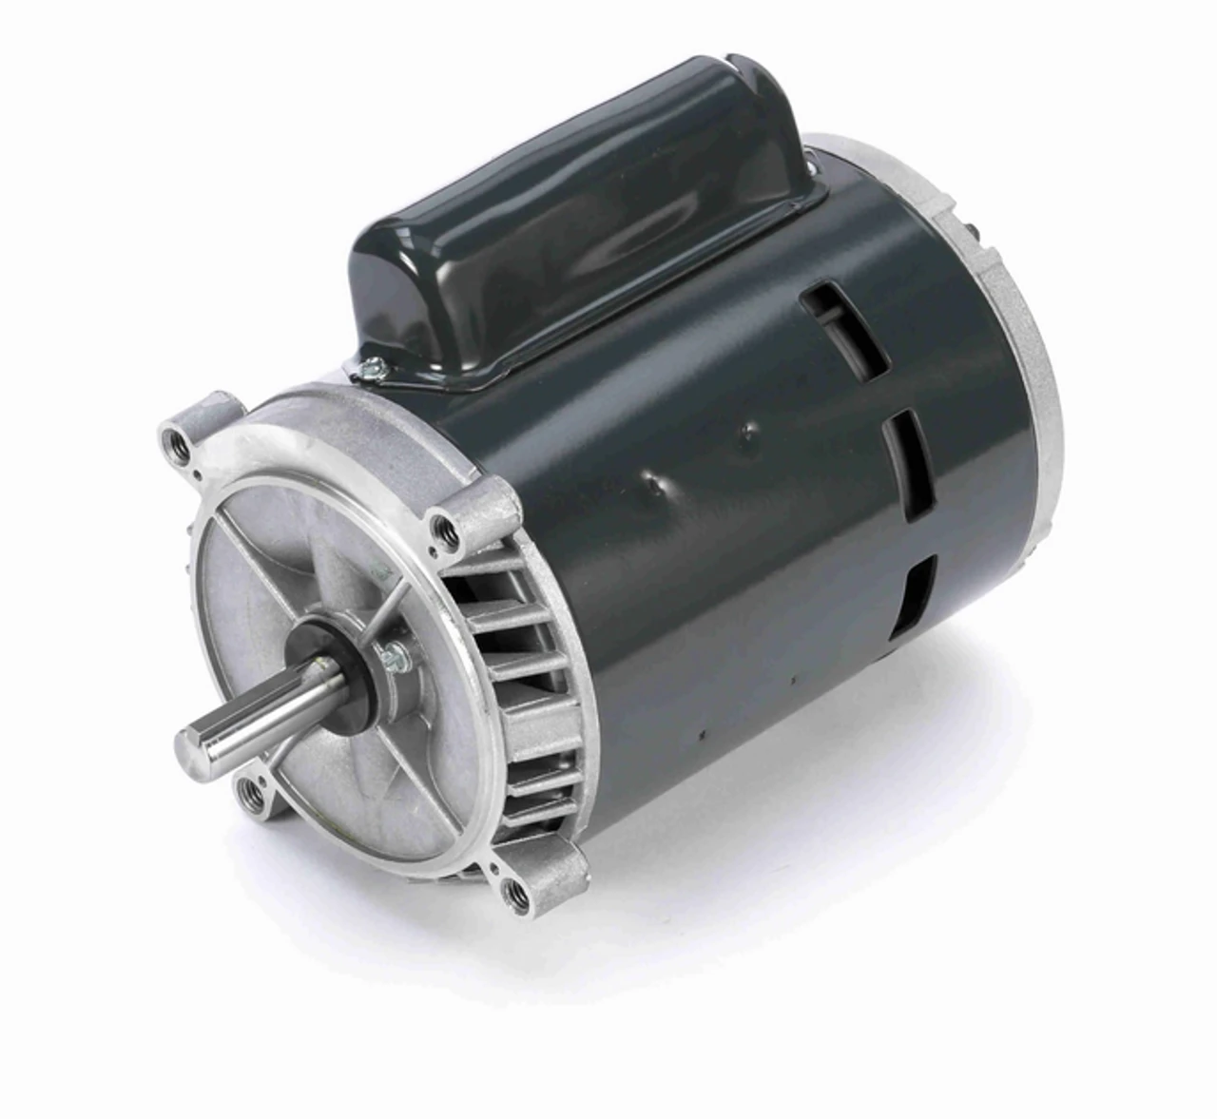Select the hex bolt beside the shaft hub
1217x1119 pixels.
click(391, 654)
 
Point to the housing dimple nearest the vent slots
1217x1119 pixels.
click(750, 433)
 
